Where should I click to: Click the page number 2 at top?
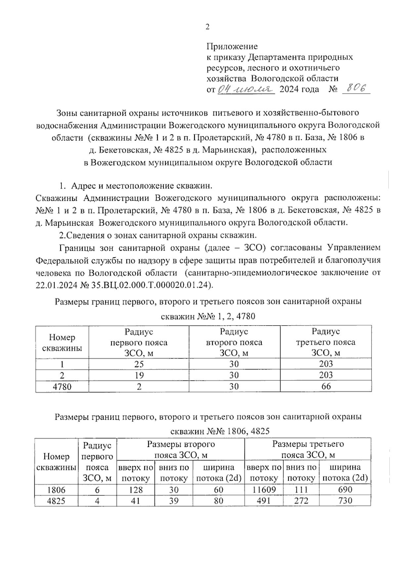tap(207, 27)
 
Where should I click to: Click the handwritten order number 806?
tap(356, 89)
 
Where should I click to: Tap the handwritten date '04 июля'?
tap(245, 89)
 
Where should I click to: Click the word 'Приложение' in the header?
tap(232, 46)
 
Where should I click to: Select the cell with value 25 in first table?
tap(139, 364)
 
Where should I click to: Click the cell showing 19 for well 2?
tap(139, 375)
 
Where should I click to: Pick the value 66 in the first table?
tap(326, 386)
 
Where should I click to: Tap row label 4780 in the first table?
tap(62, 386)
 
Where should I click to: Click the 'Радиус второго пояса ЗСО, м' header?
tap(234, 342)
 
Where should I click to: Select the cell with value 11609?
tap(263, 490)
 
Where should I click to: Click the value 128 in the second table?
tap(136, 490)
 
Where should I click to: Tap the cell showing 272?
tap(301, 501)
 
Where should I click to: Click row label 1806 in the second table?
tap(56, 490)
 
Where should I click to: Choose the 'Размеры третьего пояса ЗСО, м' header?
tap(308, 449)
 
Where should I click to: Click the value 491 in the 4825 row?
tap(263, 501)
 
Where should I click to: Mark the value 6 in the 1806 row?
tap(97, 490)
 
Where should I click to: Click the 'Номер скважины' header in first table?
tap(62, 342)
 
